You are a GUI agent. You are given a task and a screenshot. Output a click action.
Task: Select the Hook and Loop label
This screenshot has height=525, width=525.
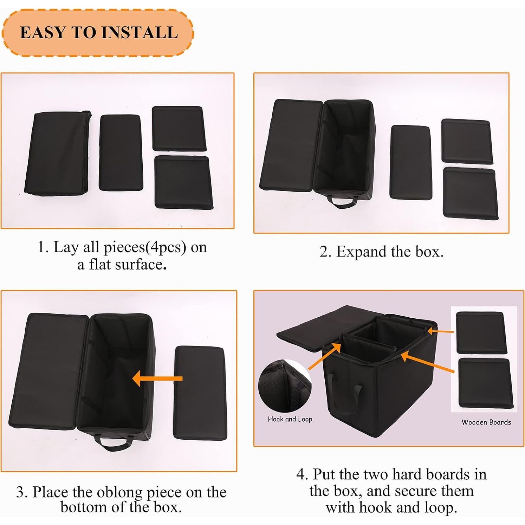click(290, 419)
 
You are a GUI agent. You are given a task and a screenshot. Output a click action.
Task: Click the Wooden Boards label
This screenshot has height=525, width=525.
click(486, 422)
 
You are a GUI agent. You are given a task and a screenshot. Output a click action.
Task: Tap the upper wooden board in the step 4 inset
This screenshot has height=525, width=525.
click(480, 332)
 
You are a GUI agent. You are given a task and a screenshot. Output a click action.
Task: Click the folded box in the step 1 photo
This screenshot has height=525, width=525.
click(58, 153)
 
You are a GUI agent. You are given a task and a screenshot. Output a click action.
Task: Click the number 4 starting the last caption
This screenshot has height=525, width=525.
click(301, 474)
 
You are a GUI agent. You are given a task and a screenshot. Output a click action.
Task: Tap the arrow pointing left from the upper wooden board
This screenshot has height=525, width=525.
click(441, 331)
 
